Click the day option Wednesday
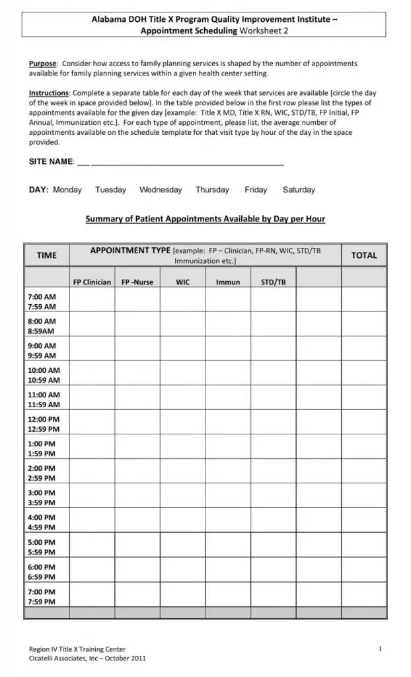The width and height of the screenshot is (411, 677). pyautogui.click(x=161, y=190)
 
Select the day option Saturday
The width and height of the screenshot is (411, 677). pyautogui.click(x=299, y=190)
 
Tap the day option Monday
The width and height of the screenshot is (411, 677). pyautogui.click(x=67, y=190)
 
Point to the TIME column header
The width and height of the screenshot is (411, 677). pyautogui.click(x=46, y=255)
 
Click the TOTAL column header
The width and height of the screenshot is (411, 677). pyautogui.click(x=363, y=255)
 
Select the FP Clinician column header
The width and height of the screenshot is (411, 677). pyautogui.click(x=92, y=282)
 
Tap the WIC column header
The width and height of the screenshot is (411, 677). pyautogui.click(x=182, y=282)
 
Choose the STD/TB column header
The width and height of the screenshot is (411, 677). pyautogui.click(x=273, y=282)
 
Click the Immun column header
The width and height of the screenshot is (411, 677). pyautogui.click(x=228, y=282)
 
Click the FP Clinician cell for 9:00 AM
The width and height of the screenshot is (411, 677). pyautogui.click(x=92, y=350)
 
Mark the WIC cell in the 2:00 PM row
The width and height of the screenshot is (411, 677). pyautogui.click(x=182, y=473)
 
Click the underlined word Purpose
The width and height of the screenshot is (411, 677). pyautogui.click(x=43, y=63)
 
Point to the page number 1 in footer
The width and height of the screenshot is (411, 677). pyautogui.click(x=381, y=649)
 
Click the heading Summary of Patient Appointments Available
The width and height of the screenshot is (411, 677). pyautogui.click(x=205, y=219)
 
